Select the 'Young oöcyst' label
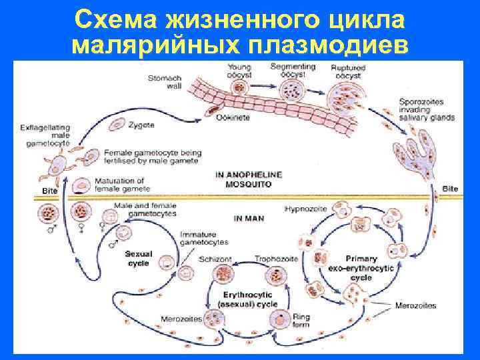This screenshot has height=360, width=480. coord(239,70)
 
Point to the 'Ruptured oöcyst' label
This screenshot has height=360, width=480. coord(347,71)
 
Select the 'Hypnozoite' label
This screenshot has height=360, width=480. coord(305,209)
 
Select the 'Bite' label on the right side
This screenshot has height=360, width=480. coord(451,189)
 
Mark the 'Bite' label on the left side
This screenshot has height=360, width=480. coord(50,191)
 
